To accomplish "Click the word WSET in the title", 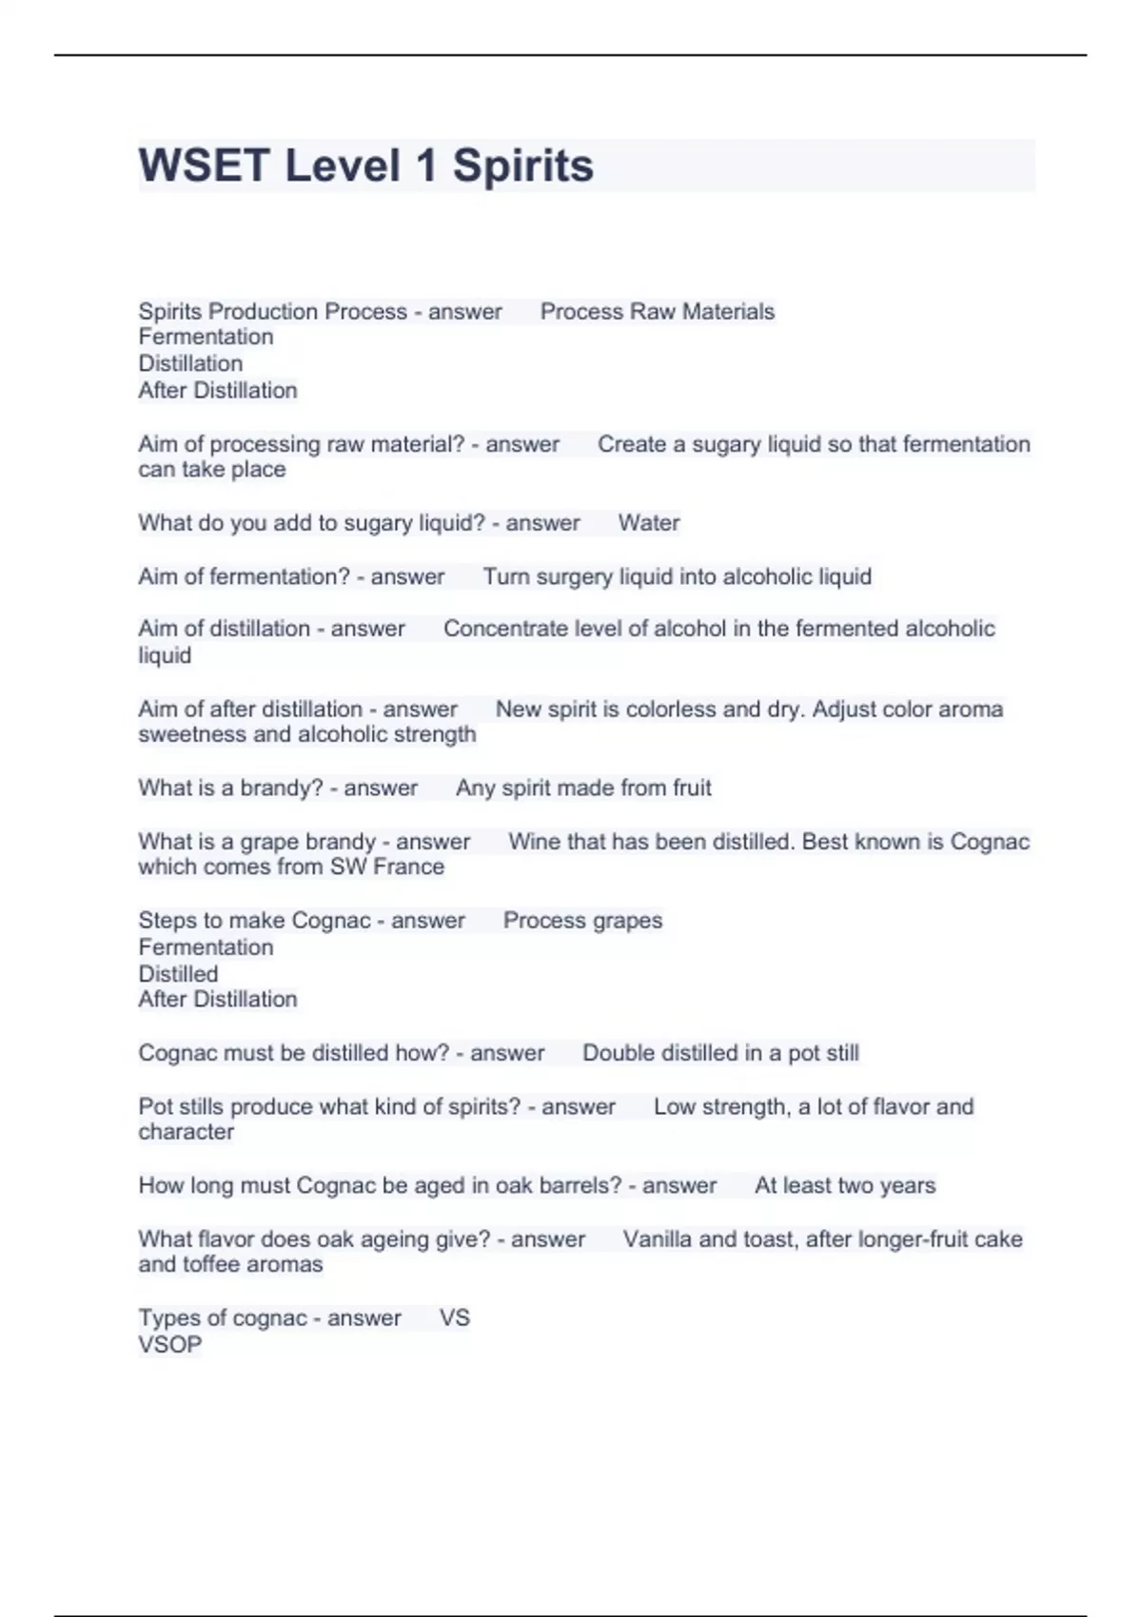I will click(x=204, y=166).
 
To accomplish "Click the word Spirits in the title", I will click(x=522, y=166).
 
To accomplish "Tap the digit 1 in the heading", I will click(x=425, y=166).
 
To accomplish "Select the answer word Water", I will click(x=648, y=523).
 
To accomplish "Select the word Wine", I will click(x=534, y=842).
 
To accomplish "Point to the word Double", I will click(x=619, y=1053).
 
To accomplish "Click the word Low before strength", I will click(x=675, y=1106).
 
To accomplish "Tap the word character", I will click(x=186, y=1132).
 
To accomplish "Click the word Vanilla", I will click(x=658, y=1239).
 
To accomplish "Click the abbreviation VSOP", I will click(x=169, y=1344).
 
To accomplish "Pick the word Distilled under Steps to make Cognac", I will click(x=178, y=974).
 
